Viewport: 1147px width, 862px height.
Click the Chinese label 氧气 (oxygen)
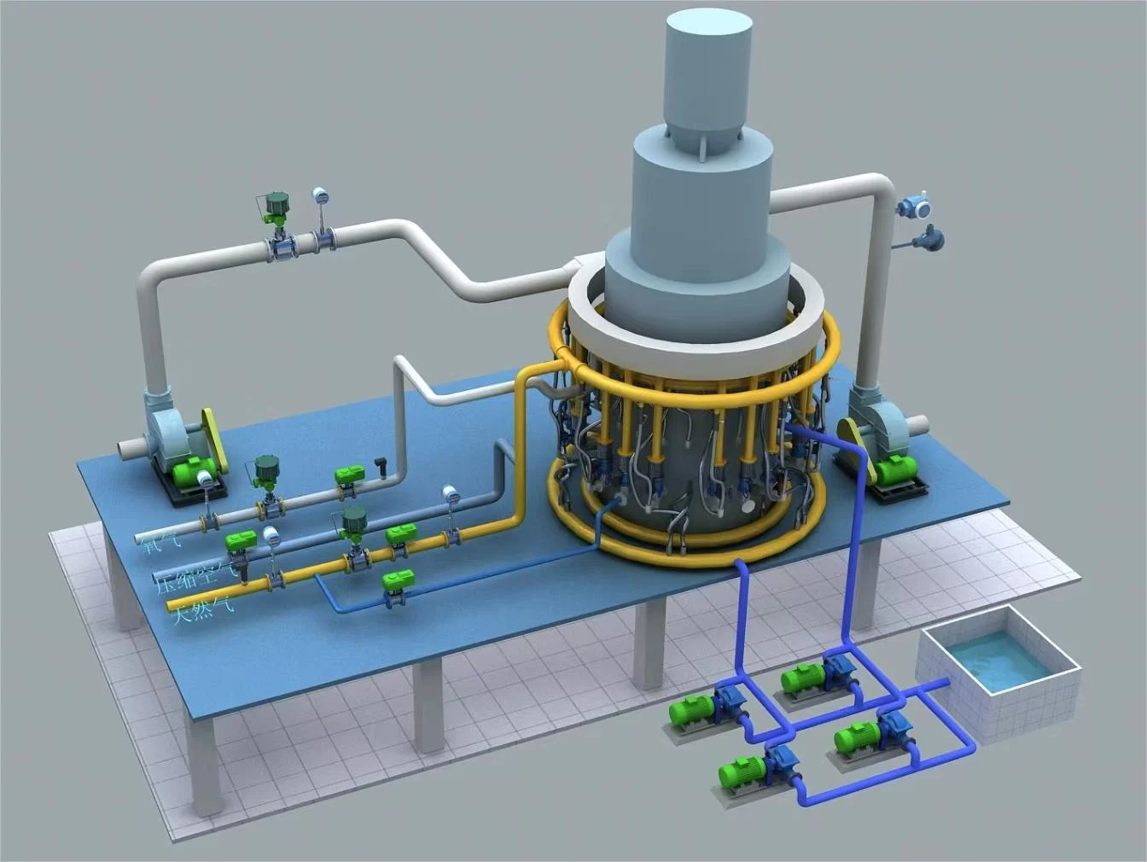(156, 540)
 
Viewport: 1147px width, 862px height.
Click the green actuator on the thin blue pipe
(398, 580)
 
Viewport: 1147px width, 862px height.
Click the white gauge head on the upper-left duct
(321, 195)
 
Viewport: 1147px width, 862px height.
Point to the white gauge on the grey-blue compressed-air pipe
(449, 493)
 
